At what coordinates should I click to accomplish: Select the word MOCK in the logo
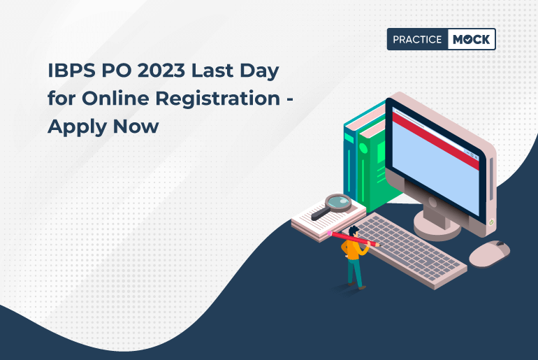click(471, 40)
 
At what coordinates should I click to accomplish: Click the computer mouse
click(488, 253)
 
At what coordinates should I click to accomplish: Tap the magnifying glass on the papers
click(341, 203)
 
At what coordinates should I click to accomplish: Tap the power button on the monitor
click(492, 222)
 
